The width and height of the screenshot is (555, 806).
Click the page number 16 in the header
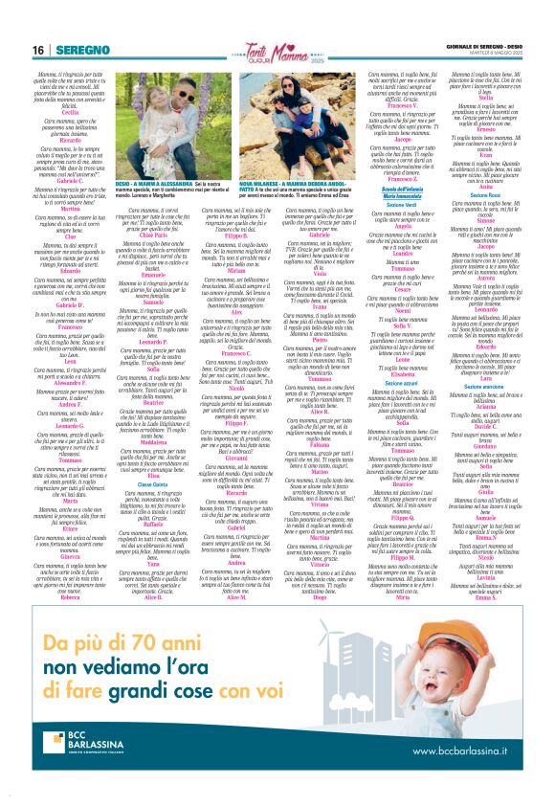[37, 50]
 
